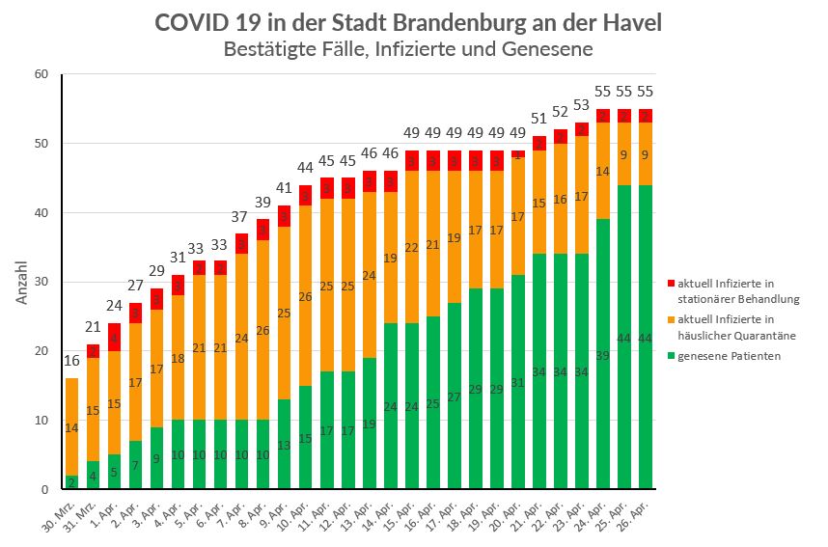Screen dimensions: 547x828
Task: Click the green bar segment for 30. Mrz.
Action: pyautogui.click(x=71, y=482)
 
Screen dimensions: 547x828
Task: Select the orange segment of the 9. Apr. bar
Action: pyautogui.click(x=283, y=313)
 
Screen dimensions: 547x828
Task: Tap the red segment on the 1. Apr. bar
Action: pyautogui.click(x=114, y=337)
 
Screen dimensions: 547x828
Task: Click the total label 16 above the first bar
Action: pyautogui.click(x=71, y=361)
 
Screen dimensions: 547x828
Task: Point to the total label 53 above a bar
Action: pyautogui.click(x=580, y=105)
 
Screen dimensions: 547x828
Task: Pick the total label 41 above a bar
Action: pyautogui.click(x=283, y=188)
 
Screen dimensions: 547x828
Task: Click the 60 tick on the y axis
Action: pyautogui.click(x=41, y=74)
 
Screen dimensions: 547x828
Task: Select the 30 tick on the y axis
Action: pyautogui.click(x=41, y=282)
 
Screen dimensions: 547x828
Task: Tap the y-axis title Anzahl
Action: pyautogui.click(x=22, y=282)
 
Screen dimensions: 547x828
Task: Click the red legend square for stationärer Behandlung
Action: pyautogui.click(x=670, y=284)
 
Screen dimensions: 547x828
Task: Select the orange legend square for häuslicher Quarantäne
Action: pyautogui.click(x=670, y=319)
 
